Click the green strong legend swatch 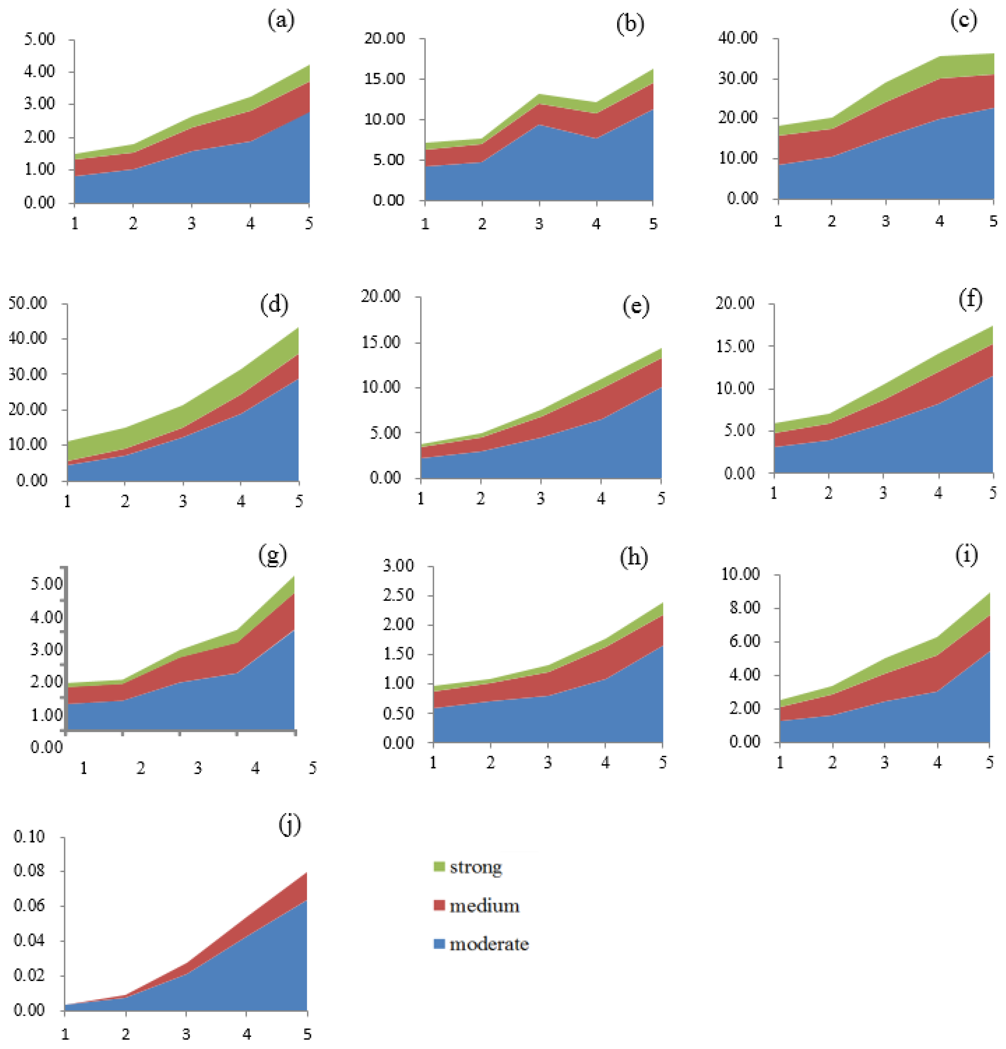pos(439,866)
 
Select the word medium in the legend pos(484,906)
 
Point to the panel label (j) pos(290,825)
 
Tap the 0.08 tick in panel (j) pos(29,871)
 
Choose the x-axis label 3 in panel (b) pos(539,224)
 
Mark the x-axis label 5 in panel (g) pos(313,768)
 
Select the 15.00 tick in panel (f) pos(735,346)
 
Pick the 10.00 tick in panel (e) pos(381,387)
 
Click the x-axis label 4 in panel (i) pos(937,762)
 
